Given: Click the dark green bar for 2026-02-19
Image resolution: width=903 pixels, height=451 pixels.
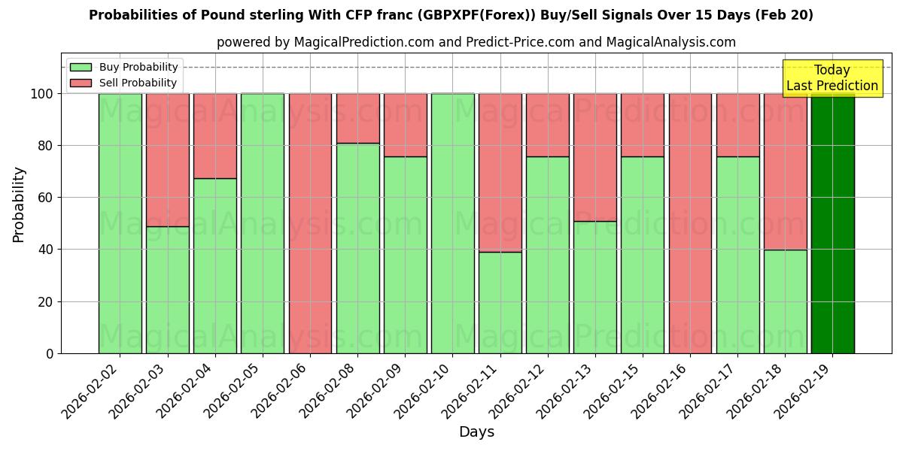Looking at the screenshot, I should click(x=832, y=223).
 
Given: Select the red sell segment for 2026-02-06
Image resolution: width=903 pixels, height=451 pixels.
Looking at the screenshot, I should click(x=310, y=223).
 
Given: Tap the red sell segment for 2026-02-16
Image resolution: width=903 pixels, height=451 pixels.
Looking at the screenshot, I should click(x=690, y=223).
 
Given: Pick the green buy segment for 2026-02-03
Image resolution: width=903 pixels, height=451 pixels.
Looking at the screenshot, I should click(x=167, y=289).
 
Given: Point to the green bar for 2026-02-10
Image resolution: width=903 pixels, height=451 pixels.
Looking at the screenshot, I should click(x=452, y=223).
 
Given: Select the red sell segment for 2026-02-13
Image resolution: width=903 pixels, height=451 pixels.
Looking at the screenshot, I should click(x=594, y=157).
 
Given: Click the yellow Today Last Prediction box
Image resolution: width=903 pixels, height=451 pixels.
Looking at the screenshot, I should click(x=832, y=78).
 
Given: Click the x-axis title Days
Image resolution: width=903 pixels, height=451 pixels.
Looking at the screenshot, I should click(x=476, y=432).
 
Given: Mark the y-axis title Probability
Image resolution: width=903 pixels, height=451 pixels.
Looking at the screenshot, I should click(x=19, y=204).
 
